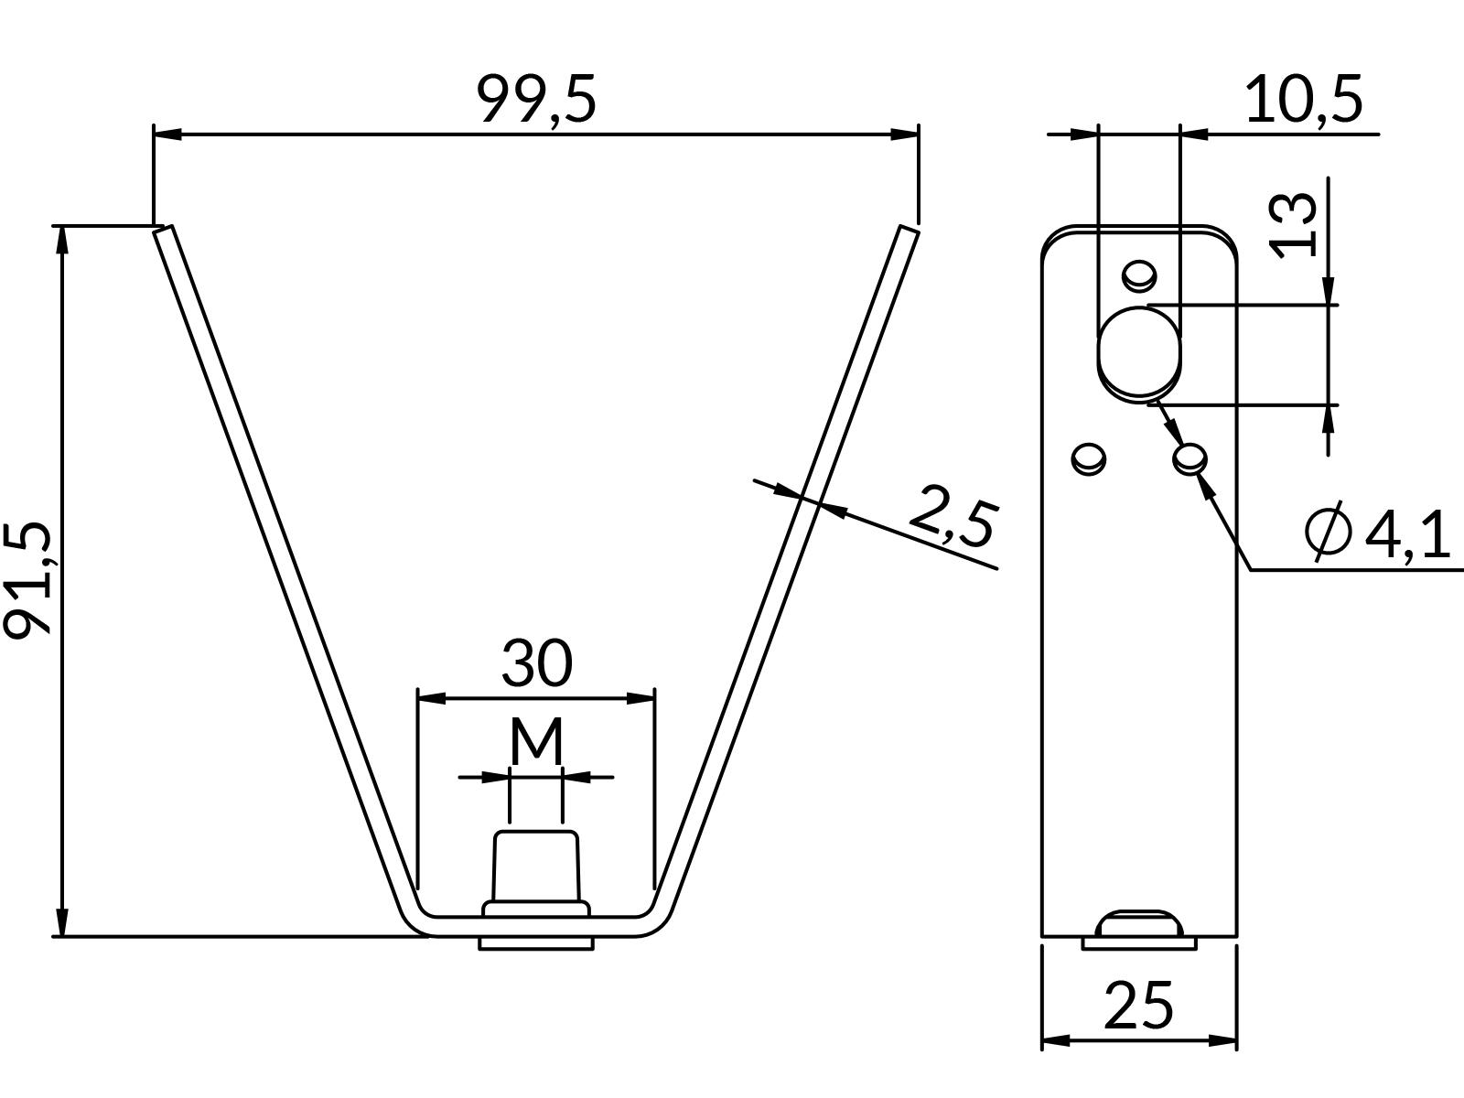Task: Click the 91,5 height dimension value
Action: (x=27, y=580)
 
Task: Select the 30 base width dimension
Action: (x=537, y=663)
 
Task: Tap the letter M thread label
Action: (x=536, y=742)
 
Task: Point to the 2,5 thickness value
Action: (x=953, y=517)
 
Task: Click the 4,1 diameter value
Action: (x=1407, y=535)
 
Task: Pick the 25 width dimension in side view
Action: (x=1138, y=1006)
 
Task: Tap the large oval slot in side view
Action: (x=1139, y=353)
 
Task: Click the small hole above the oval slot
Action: (x=1140, y=274)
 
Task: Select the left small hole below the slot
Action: (x=1088, y=457)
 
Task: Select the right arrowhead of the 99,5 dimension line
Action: (x=906, y=135)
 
